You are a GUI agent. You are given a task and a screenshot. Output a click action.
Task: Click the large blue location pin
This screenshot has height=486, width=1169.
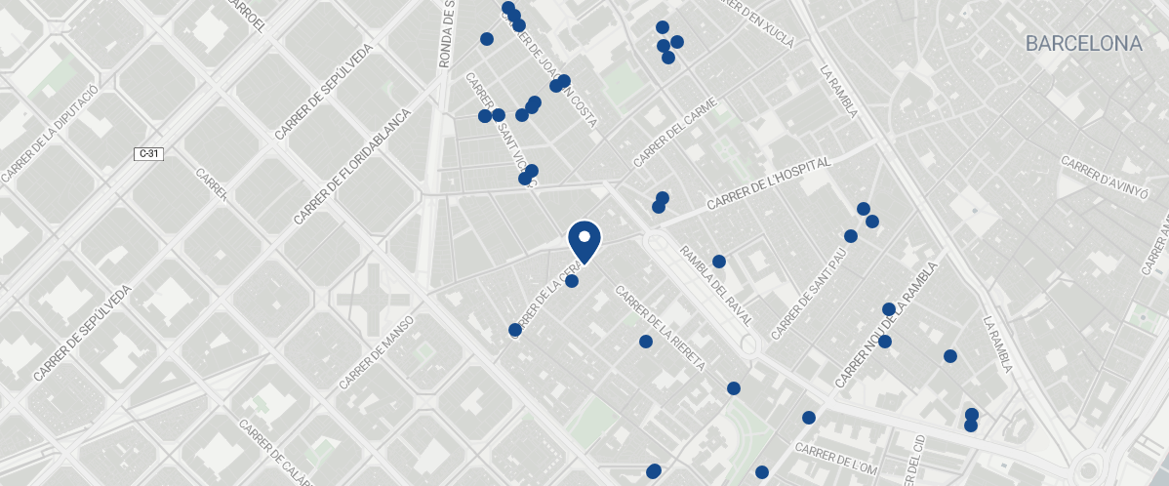click(584, 240)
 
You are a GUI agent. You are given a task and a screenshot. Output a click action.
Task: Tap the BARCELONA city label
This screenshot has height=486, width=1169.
click(1083, 44)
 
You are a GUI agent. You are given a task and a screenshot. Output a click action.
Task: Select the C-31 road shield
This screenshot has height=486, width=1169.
click(148, 154)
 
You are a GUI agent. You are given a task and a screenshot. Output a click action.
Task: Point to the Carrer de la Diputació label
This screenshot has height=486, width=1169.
click(49, 133)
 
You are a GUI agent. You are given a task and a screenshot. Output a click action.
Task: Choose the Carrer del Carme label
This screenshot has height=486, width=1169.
click(675, 132)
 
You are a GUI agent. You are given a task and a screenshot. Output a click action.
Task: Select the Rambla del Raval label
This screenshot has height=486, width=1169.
click(717, 285)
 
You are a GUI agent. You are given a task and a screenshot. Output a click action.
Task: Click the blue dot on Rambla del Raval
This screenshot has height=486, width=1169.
click(719, 262)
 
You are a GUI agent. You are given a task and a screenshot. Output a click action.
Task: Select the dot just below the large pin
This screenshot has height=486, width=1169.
click(572, 281)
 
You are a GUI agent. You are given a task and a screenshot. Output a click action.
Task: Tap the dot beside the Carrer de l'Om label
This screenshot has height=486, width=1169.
click(809, 418)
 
